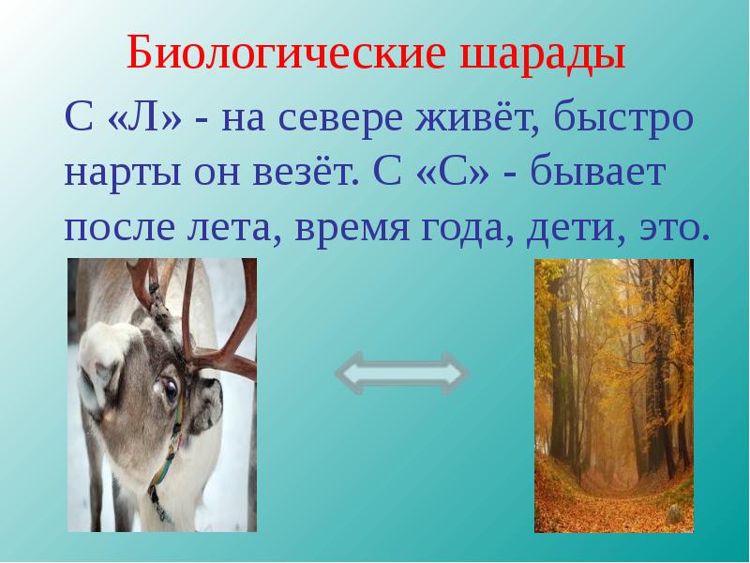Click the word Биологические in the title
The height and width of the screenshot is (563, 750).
[x=286, y=52]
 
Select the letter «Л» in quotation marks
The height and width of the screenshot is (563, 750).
[x=145, y=117]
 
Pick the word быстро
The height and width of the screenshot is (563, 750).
[x=623, y=119]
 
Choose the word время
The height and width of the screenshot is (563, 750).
[x=352, y=228]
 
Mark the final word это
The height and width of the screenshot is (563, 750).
[x=673, y=227]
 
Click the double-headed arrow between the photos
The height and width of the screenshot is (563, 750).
[x=402, y=373]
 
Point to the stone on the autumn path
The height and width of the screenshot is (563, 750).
[x=674, y=514]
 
